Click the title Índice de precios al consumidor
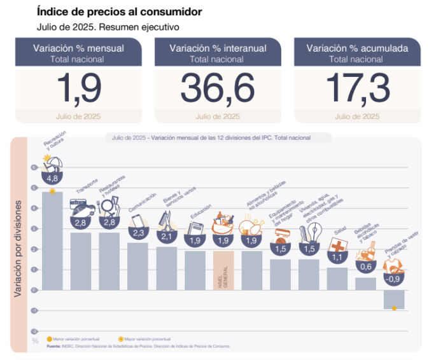click(120, 11)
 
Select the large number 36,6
click(217, 88)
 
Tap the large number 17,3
click(356, 88)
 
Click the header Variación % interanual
click(217, 48)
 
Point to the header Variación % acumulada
click(356, 48)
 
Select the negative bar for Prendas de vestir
click(394, 299)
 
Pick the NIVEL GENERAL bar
click(223, 270)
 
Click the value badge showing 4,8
click(52, 179)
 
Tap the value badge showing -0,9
click(394, 279)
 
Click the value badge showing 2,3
click(137, 233)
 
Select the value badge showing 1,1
click(337, 258)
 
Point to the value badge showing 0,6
click(365, 267)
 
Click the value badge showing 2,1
click(166, 237)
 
